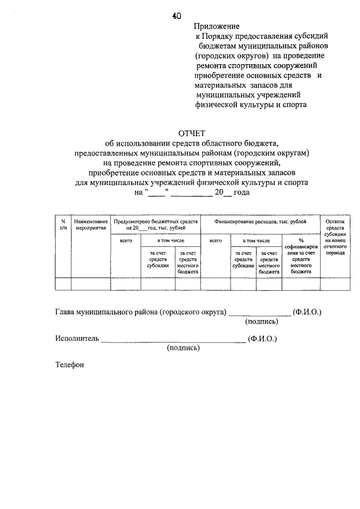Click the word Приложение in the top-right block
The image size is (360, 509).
(x=217, y=26)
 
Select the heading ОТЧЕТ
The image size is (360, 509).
(x=192, y=133)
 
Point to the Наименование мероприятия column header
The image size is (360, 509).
(x=90, y=226)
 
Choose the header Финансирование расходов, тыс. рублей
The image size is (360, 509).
(x=260, y=222)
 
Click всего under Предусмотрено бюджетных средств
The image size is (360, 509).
(x=125, y=240)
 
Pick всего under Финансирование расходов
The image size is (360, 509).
(x=215, y=240)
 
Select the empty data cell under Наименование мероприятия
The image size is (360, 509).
(x=90, y=284)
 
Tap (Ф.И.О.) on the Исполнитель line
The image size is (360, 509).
(x=263, y=339)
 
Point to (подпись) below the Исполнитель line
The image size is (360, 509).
(x=183, y=348)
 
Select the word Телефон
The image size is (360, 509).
(x=69, y=365)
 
